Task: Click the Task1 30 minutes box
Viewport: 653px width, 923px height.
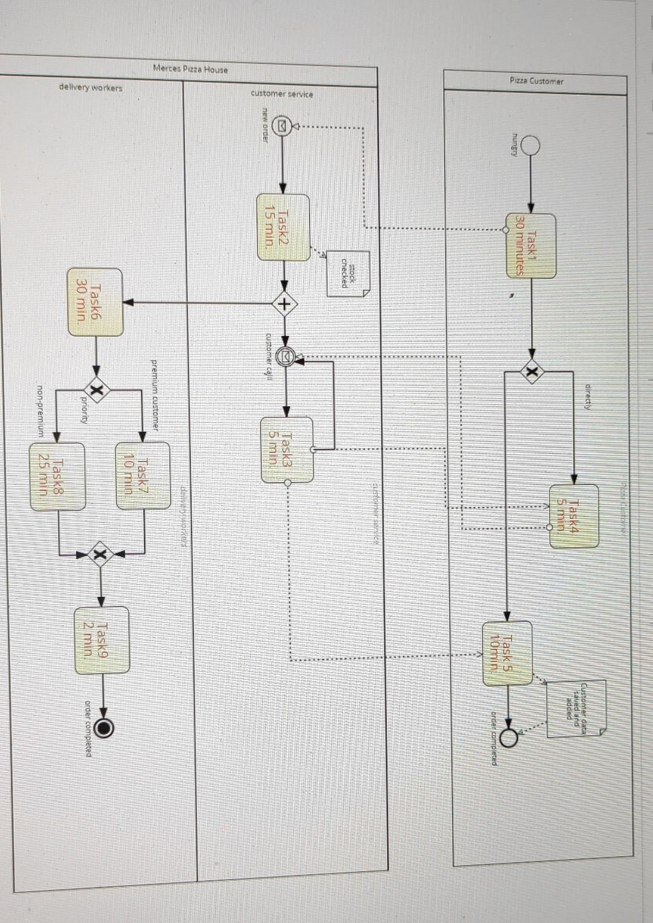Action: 531,245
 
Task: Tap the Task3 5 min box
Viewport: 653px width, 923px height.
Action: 287,449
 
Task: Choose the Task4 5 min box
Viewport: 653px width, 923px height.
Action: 574,515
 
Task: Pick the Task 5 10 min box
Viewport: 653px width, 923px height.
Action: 507,652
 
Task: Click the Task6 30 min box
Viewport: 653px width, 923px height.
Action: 96,302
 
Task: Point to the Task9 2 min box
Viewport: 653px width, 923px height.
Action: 102,640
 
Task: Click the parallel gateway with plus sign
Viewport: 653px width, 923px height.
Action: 284,304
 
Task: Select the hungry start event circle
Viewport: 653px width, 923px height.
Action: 530,146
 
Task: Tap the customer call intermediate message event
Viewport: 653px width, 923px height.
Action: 285,358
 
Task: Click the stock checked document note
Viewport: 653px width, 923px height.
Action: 348,274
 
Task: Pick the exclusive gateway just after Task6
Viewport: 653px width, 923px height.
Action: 96,390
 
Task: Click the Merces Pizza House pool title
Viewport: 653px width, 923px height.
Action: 190,69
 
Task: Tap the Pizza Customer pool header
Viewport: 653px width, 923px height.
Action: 536,81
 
